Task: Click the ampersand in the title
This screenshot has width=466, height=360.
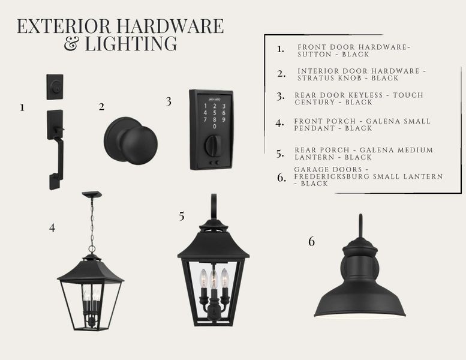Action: [71, 43]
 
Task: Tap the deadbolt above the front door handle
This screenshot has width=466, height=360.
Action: [55, 87]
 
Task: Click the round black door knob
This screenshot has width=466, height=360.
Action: [131, 141]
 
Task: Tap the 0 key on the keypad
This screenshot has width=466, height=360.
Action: [215, 127]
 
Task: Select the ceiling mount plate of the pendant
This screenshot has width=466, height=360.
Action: [92, 194]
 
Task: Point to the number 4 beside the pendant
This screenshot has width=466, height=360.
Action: [52, 228]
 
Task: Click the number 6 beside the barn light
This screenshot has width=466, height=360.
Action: [311, 241]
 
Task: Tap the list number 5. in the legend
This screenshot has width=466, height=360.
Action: [280, 154]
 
